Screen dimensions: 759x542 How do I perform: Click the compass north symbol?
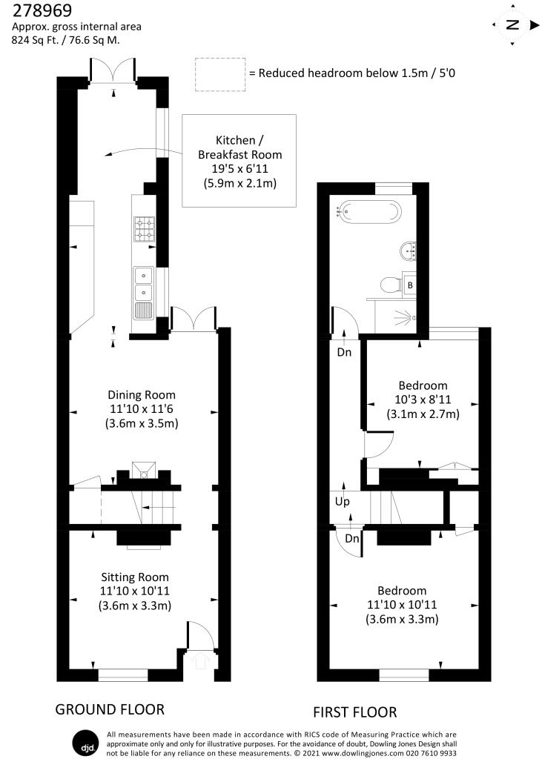[x=512, y=24]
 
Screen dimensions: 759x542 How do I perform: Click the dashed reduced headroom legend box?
[x=219, y=74]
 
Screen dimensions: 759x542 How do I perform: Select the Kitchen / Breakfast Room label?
[x=239, y=161]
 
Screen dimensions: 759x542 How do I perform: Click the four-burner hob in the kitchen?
[x=144, y=229]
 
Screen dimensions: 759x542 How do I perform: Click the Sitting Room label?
[x=135, y=591]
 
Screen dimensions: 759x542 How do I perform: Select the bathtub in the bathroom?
[x=369, y=213]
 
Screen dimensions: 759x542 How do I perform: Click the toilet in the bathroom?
[x=388, y=284]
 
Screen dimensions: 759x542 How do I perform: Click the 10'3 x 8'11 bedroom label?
[x=423, y=400]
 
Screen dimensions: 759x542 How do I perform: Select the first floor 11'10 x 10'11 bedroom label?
[x=402, y=605]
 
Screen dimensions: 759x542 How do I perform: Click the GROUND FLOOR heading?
[x=110, y=709]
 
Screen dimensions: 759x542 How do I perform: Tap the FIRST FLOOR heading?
[x=354, y=712]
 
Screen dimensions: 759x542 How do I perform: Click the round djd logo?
[x=82, y=742]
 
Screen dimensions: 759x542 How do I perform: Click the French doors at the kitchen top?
[x=113, y=72]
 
